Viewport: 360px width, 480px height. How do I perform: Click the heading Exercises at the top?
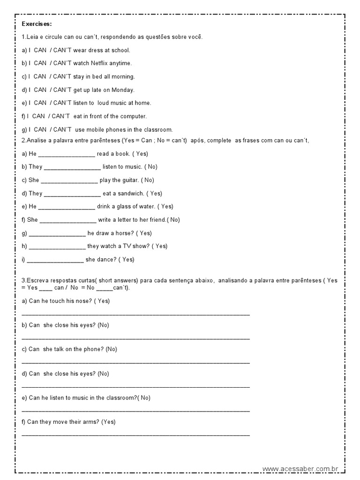[x=37, y=23]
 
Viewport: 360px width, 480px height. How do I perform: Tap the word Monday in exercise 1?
[x=123, y=90]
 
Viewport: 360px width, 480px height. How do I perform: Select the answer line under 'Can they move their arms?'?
[x=135, y=435]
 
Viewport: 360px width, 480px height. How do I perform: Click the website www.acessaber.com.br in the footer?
[x=300, y=468]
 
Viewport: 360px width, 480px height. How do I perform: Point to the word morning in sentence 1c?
[x=123, y=76]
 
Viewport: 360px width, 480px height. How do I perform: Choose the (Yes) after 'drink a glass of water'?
[x=165, y=206]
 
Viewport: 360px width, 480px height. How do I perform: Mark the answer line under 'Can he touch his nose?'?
[x=135, y=314]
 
